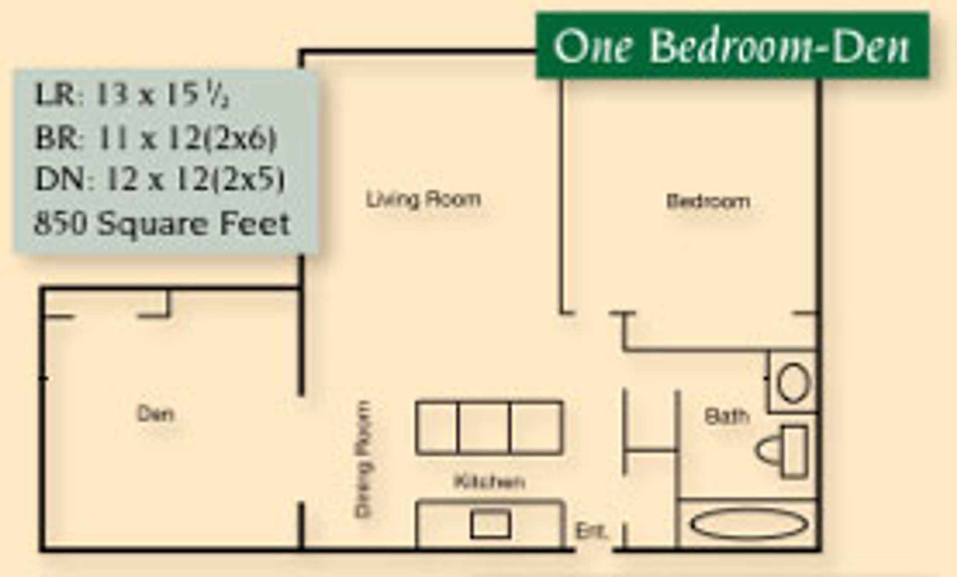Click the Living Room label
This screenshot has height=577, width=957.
tap(424, 200)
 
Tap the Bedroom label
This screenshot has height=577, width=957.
tap(708, 201)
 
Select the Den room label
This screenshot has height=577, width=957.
tap(156, 414)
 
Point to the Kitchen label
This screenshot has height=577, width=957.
tap(489, 482)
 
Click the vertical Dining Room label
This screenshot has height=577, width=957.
tap(363, 459)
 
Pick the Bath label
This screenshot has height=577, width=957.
tap(727, 416)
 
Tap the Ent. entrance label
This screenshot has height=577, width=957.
tap(592, 531)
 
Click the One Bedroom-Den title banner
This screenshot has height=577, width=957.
tap(732, 46)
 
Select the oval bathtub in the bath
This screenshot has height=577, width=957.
tap(749, 524)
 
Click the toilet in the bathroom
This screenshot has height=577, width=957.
tap(783, 451)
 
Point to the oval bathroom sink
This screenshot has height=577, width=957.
tap(794, 383)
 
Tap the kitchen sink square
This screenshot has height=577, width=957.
tap(490, 524)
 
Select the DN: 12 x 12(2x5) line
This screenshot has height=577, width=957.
tap(160, 179)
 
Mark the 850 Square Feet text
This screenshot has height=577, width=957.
tap(162, 224)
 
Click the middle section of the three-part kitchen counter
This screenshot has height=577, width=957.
tap(483, 428)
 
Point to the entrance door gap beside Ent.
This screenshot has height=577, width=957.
tap(594, 550)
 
